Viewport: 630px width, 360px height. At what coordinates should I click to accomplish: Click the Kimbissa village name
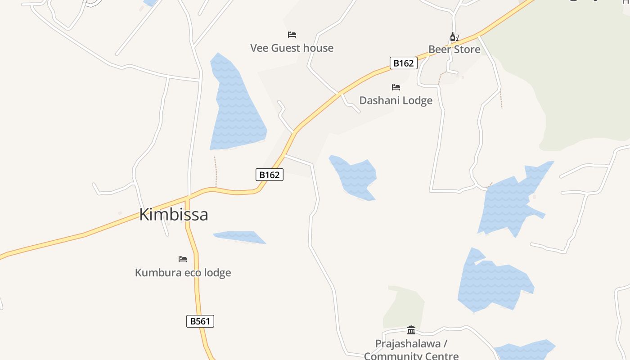[x=174, y=214]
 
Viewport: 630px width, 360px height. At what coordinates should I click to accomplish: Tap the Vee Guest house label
[x=292, y=48]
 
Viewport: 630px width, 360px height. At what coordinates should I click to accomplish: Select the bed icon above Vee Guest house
[x=292, y=35]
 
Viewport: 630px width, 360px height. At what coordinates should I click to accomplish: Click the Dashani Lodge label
[x=396, y=100]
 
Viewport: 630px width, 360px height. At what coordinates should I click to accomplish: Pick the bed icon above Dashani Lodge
[x=396, y=87]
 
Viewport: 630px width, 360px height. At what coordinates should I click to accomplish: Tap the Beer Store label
[x=454, y=49]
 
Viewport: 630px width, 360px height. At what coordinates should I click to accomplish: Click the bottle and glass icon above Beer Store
[x=454, y=36]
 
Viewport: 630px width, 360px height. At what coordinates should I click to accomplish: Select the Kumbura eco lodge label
[x=183, y=272]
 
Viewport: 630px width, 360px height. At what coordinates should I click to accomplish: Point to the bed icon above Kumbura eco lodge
[x=182, y=259]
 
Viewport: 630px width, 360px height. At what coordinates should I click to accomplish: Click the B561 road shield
[x=200, y=321]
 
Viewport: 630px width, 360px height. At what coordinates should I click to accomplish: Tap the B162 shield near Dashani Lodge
[x=403, y=63]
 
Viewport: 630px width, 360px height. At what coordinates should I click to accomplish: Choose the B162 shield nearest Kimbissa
[x=270, y=175]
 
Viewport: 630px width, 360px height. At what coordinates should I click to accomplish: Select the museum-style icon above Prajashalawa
[x=411, y=330]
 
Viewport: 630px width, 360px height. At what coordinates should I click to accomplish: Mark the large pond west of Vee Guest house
[x=236, y=108]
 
